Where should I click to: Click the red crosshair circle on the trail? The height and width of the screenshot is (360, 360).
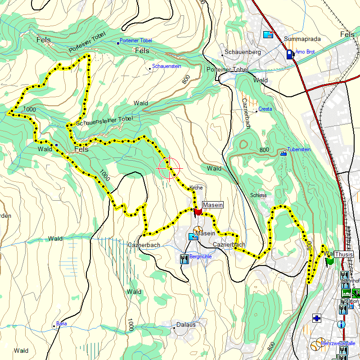coord(170,168)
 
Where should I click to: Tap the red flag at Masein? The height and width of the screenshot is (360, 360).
coord(198,211)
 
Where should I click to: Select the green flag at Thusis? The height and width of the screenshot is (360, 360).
coord(329,261)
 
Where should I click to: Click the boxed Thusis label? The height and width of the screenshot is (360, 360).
coord(344,254)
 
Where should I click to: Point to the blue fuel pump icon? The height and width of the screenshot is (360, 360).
coord(289,54)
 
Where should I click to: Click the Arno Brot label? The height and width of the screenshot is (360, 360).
coord(305,52)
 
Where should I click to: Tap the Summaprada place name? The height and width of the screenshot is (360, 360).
coord(302,39)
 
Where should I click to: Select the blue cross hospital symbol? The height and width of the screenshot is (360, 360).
coord(317,319)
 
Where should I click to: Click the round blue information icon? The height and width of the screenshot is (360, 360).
coord(342,324)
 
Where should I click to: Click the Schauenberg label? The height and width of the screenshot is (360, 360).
coord(243,52)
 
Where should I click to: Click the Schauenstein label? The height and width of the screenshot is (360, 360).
coord(166,66)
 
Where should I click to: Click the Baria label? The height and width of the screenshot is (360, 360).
coord(61,324)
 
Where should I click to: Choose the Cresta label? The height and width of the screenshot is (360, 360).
coord(265,109)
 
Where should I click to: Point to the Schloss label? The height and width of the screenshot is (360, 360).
coord(258,195)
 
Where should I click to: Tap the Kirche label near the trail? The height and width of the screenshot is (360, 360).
coord(196,187)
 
